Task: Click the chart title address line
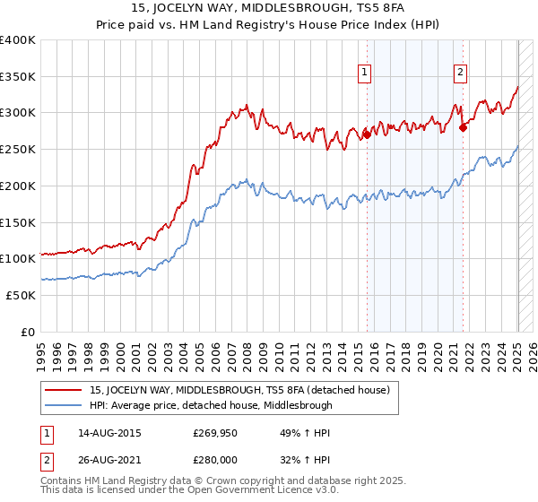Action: click(268, 9)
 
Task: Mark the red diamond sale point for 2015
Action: click(367, 135)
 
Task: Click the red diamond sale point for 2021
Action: click(463, 127)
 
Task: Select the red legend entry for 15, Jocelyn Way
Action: click(239, 391)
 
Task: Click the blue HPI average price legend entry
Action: click(211, 405)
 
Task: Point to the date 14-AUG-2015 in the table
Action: click(110, 432)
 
